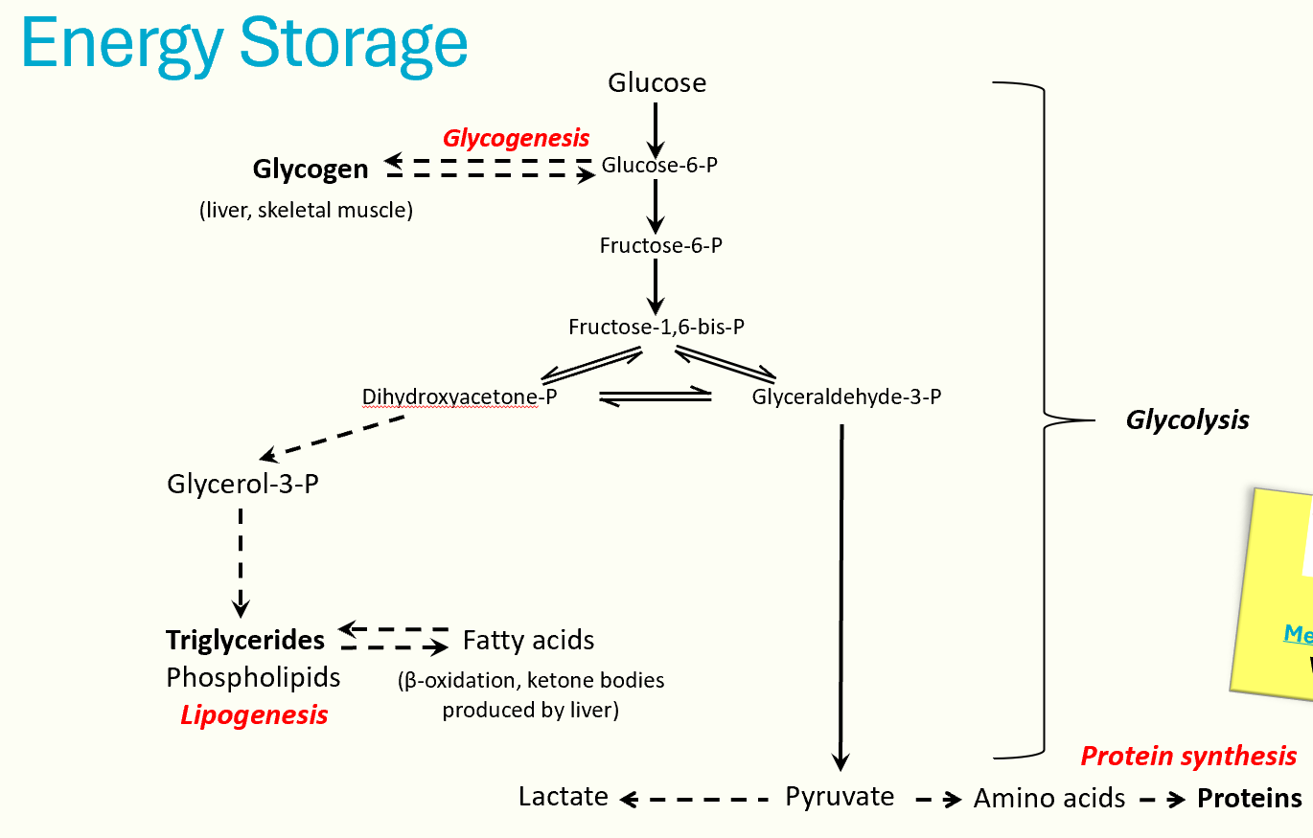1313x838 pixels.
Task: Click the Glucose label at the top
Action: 656,83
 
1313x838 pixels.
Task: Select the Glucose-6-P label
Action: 659,165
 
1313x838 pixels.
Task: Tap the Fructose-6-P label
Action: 660,245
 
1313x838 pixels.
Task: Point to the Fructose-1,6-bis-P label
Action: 656,327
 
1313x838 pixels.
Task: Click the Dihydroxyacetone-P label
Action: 460,396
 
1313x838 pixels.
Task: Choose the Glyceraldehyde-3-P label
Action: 846,396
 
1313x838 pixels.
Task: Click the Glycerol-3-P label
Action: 242,484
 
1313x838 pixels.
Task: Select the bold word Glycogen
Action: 310,170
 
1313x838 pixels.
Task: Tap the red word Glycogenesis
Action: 516,138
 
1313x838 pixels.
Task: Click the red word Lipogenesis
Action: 254,714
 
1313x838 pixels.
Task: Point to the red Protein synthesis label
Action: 1188,756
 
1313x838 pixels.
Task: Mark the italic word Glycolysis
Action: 1186,419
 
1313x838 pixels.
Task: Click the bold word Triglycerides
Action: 245,639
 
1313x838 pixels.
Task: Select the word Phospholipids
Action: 253,677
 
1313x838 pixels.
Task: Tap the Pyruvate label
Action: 840,797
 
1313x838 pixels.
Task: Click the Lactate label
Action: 563,797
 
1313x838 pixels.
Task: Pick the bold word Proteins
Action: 1249,799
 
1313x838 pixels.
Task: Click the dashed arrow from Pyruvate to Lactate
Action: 696,798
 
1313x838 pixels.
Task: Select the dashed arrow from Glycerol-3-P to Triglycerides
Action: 240,560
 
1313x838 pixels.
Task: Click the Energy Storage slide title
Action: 243,43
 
